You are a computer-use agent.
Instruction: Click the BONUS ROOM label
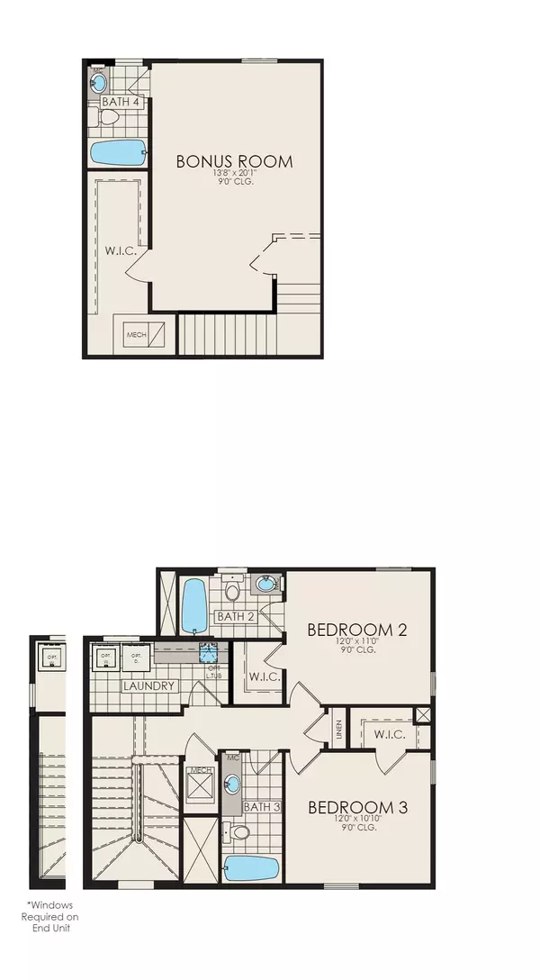234,162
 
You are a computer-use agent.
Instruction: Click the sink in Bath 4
99,84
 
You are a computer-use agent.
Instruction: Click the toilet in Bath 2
233,592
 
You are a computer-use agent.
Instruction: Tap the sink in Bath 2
265,585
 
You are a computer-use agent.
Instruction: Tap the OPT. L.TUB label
212,673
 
